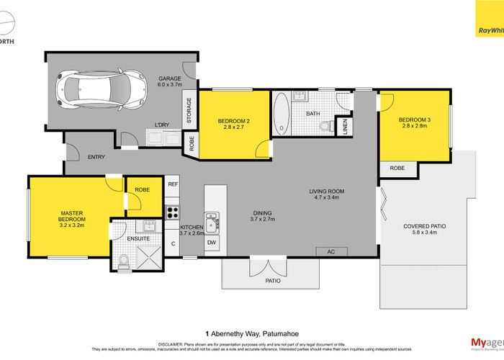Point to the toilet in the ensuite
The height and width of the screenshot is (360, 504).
coord(124,259)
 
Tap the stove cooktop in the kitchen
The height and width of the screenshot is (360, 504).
coord(172,212)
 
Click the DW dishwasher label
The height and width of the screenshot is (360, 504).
coord(211,243)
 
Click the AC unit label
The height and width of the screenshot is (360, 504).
coord(331,251)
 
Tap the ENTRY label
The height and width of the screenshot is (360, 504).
coord(96,156)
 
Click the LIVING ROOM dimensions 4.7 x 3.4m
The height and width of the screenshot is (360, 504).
coord(328,197)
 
